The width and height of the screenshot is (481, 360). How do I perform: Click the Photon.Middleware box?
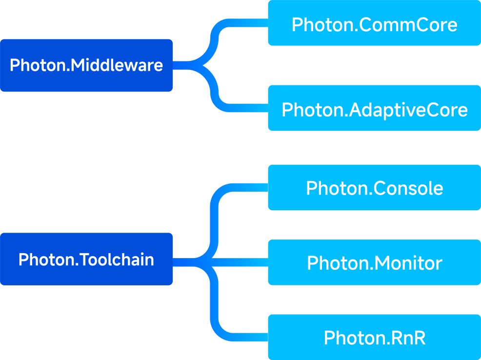click(86, 65)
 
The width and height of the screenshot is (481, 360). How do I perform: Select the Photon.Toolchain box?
click(86, 259)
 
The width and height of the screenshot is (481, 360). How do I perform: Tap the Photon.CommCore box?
click(374, 23)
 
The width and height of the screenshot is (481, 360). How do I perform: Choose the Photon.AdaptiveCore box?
click(374, 108)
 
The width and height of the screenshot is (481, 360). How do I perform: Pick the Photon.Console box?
click(374, 187)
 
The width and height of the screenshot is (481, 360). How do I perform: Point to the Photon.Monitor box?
click(374, 262)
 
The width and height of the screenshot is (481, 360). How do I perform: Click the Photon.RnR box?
click(374, 337)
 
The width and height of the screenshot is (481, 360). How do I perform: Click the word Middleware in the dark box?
click(117, 65)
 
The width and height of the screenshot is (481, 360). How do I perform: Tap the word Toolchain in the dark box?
click(117, 260)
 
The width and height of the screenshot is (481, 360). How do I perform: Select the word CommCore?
click(408, 24)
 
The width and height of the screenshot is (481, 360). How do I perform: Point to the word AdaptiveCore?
click(408, 110)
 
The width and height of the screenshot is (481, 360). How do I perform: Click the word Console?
click(408, 188)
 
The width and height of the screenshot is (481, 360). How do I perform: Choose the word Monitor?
click(408, 263)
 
